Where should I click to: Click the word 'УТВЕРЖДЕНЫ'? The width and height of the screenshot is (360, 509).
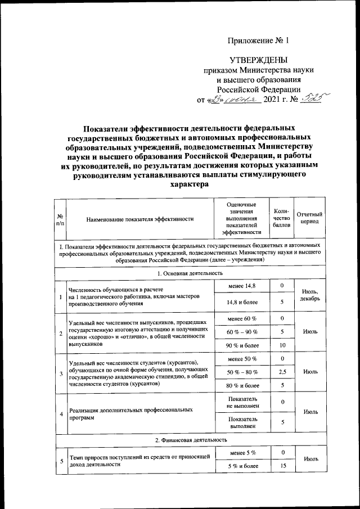[259, 60]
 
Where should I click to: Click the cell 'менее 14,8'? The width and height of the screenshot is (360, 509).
[242, 287]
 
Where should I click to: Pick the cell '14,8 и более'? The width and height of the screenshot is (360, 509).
[242, 303]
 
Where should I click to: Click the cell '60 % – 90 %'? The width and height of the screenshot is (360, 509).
[242, 332]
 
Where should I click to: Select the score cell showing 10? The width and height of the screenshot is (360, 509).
[282, 344]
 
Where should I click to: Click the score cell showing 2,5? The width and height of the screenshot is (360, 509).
[282, 372]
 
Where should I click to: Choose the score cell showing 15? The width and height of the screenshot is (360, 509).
[282, 466]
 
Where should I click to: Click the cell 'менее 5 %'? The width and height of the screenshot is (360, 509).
[242, 453]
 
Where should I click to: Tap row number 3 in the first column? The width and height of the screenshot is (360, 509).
[60, 372]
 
